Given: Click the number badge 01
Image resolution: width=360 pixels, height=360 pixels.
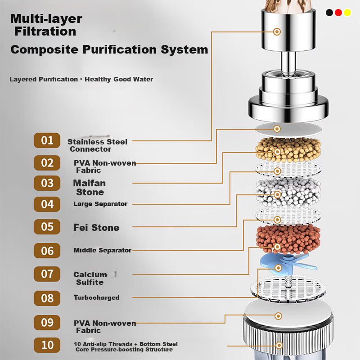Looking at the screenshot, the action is (x=47, y=140).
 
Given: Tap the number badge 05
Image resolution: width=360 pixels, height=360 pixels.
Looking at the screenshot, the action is (x=47, y=227).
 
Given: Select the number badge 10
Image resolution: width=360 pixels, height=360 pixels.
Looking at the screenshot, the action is (x=47, y=345).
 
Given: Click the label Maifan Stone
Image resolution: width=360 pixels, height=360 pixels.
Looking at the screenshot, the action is (x=90, y=188).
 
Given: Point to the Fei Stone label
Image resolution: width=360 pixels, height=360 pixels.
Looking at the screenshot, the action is (x=96, y=228).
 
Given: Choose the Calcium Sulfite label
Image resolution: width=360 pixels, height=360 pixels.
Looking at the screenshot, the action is (x=90, y=278).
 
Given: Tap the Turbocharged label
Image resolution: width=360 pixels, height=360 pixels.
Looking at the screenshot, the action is (x=97, y=297).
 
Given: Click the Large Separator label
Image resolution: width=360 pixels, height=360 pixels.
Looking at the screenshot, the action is (x=100, y=204).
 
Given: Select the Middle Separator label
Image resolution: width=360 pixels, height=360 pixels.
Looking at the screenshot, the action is (x=103, y=250).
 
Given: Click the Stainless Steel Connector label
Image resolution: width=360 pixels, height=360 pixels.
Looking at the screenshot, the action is (x=97, y=145).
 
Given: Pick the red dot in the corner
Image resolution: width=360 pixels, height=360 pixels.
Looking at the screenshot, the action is (x=338, y=13).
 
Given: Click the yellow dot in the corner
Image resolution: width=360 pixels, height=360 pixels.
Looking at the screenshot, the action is (x=347, y=13).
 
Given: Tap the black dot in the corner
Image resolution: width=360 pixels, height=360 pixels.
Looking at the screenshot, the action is (x=329, y=13).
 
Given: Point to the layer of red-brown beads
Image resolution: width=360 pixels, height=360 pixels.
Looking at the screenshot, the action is (x=288, y=239).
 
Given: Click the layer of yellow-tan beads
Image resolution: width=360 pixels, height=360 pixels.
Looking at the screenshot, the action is (x=288, y=149).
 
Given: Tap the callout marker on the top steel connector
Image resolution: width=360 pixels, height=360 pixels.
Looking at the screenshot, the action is (x=277, y=31).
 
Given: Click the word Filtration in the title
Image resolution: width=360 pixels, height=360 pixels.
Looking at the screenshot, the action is (x=45, y=31).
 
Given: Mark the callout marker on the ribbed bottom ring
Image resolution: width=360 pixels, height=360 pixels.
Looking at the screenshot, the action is (x=279, y=345).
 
